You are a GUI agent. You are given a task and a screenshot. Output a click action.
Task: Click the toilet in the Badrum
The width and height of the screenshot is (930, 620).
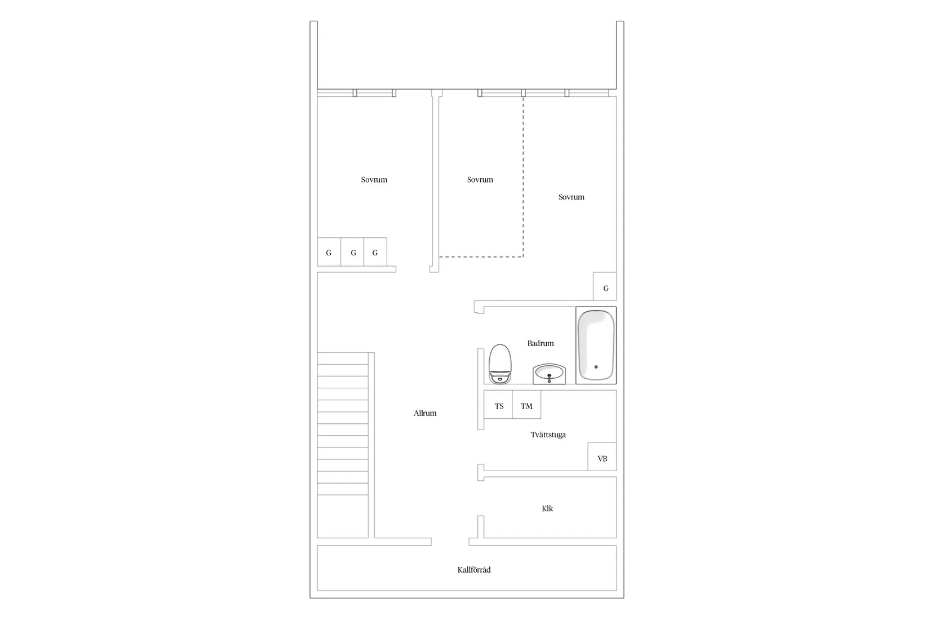click(499, 364)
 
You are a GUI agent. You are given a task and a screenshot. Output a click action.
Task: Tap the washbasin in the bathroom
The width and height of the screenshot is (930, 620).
click(549, 373)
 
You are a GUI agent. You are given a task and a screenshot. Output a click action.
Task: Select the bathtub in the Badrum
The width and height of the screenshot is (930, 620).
click(596, 344)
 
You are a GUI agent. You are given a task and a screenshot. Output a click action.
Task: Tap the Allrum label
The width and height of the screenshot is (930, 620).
click(425, 413)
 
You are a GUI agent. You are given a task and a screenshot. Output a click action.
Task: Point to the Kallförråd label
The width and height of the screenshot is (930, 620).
click(474, 570)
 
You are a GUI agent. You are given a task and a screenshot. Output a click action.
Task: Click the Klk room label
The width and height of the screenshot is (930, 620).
click(547, 508)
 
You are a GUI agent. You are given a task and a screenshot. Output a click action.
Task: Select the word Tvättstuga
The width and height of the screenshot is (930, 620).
click(548, 435)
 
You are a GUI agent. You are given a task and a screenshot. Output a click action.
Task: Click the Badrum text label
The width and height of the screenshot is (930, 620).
click(541, 343)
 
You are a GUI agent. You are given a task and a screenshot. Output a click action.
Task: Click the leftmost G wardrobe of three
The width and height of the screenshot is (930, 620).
click(329, 252)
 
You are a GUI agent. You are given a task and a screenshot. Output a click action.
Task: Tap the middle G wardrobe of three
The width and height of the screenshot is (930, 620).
click(353, 252)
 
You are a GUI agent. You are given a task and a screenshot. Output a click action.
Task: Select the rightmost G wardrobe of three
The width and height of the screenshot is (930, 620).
click(375, 252)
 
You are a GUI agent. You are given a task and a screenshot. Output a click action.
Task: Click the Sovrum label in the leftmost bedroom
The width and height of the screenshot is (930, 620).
click(374, 180)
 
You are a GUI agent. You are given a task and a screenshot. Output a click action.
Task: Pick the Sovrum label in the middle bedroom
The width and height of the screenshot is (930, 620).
click(480, 180)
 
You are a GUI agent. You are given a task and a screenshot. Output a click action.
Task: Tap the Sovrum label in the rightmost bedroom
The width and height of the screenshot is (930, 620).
click(572, 197)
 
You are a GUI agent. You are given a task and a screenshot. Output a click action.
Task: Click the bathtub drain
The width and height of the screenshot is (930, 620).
click(596, 367)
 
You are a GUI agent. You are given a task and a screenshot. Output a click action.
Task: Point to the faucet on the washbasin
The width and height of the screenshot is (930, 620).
click(550, 377)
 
